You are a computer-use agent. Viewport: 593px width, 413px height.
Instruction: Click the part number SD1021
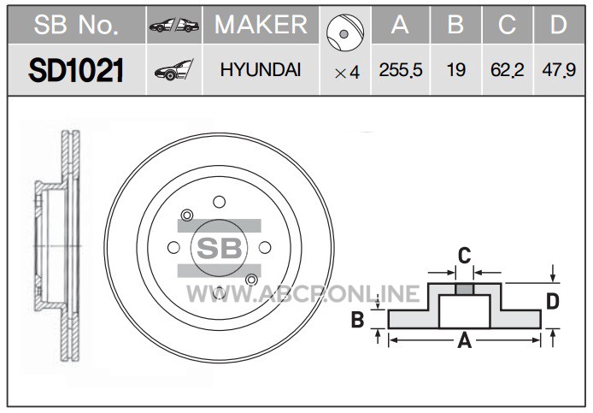pyautogui.click(x=76, y=70)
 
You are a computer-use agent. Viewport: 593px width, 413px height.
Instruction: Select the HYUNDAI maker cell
pyautogui.click(x=261, y=70)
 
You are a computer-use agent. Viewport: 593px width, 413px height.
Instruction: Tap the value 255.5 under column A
pyautogui.click(x=401, y=70)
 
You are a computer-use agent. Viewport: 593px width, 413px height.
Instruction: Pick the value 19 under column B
pyautogui.click(x=455, y=70)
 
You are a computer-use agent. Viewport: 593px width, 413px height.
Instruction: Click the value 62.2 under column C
pyautogui.click(x=508, y=70)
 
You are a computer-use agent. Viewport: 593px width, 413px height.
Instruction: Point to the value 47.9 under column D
pyautogui.click(x=559, y=70)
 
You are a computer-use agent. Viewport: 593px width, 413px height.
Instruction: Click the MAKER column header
pyautogui.click(x=261, y=25)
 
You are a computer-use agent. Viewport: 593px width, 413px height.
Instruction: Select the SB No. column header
pyautogui.click(x=76, y=25)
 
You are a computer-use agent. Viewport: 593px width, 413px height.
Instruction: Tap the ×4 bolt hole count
pyautogui.click(x=347, y=73)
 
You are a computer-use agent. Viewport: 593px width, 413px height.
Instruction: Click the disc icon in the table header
pyautogui.click(x=345, y=33)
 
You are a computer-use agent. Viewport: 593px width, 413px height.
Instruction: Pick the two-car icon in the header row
pyautogui.click(x=174, y=26)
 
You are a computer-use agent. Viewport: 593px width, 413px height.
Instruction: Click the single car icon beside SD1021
pyautogui.click(x=174, y=70)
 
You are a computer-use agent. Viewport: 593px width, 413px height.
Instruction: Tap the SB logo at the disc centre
pyautogui.click(x=219, y=248)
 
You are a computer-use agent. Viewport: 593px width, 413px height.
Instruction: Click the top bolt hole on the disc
pyautogui.click(x=219, y=202)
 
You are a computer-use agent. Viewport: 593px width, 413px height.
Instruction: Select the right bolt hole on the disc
pyautogui.click(x=265, y=248)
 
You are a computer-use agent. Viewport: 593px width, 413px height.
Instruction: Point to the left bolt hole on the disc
pyautogui.click(x=173, y=248)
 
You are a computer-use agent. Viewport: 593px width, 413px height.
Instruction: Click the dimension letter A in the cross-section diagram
pyautogui.click(x=465, y=340)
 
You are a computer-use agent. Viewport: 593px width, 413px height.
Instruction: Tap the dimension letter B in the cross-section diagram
pyautogui.click(x=357, y=319)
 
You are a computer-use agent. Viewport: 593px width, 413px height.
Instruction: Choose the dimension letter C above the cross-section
pyautogui.click(x=465, y=256)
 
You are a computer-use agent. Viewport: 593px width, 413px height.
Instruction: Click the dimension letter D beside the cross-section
pyautogui.click(x=553, y=302)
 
